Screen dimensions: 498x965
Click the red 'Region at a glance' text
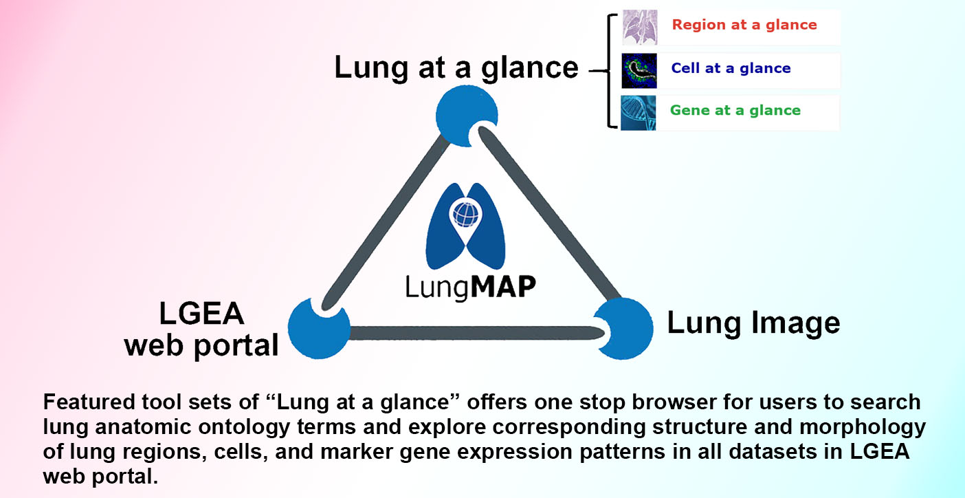744,25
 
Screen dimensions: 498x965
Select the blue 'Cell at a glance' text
731,69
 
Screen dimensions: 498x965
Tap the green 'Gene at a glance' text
735,111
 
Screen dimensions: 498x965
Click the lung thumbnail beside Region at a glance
639,28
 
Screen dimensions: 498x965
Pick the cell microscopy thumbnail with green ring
639,71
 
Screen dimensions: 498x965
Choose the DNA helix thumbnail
639,113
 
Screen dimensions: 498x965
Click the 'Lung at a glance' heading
456,68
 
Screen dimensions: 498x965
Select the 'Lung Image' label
753,323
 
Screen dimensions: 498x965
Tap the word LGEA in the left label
201,314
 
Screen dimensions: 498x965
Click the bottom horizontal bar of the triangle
474,334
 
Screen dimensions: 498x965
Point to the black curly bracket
609,69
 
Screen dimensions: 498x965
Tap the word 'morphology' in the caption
865,427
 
